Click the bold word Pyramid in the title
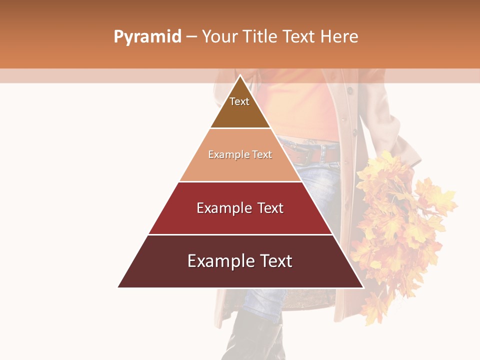[147, 37]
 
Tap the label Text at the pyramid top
[239, 101]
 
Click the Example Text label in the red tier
[240, 208]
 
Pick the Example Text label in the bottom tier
[240, 261]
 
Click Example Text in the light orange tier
[240, 154]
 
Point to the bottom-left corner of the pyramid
[118, 287]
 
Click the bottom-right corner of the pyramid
[363, 287]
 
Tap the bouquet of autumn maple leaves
[400, 220]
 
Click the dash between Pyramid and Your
[191, 37]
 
